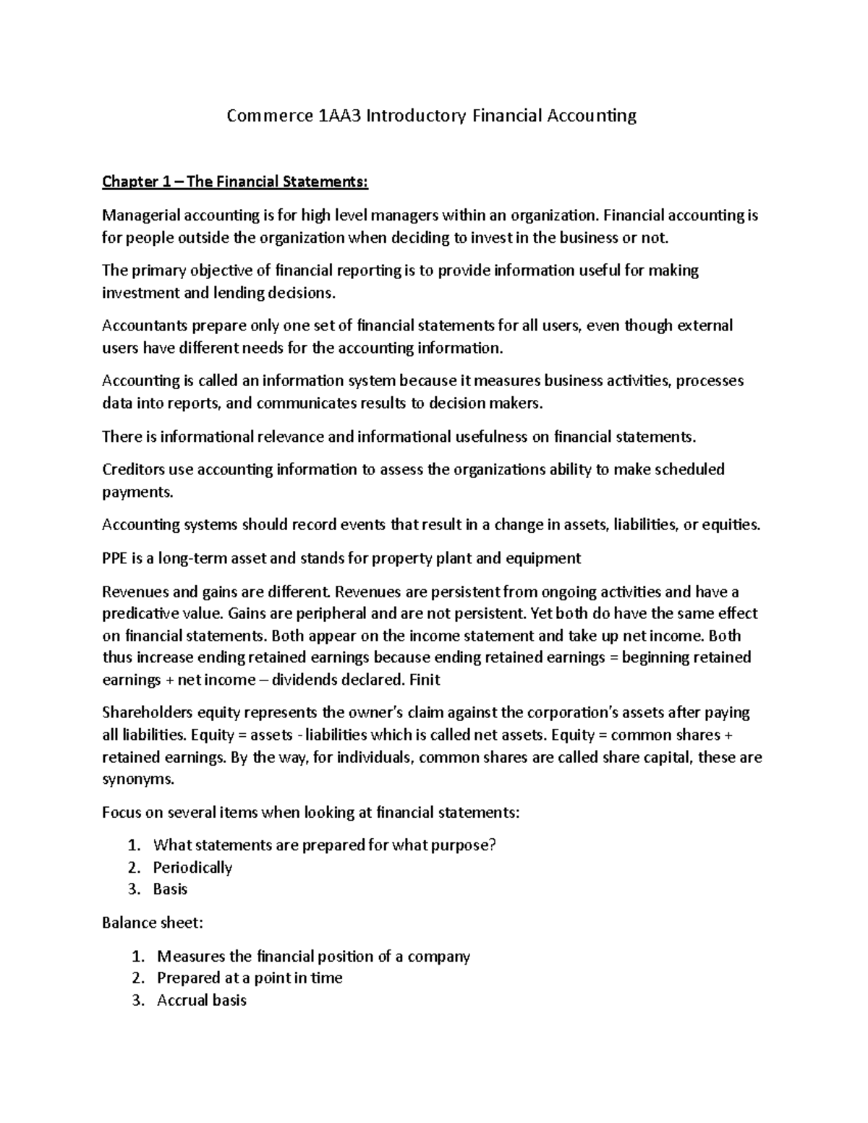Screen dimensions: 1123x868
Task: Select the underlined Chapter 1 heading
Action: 235,182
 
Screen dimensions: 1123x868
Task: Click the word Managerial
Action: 141,215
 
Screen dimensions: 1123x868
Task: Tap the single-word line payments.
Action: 137,492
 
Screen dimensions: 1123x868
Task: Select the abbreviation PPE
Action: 114,558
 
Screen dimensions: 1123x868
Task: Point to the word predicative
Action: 140,613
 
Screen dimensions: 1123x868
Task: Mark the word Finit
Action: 425,680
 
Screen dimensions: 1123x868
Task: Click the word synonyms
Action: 138,780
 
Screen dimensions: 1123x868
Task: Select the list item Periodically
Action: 192,867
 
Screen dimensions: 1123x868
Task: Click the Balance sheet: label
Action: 153,923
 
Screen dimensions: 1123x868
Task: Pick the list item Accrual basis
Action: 202,1000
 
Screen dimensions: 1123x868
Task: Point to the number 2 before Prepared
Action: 137,978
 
